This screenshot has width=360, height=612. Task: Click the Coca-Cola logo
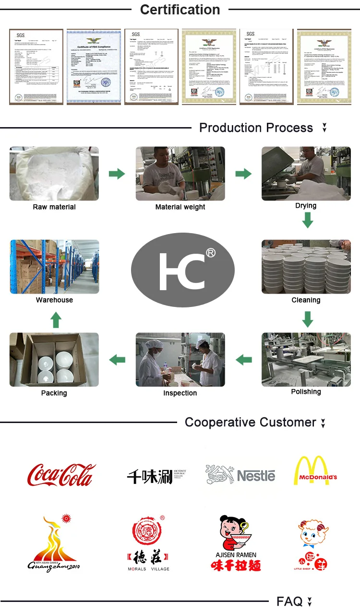pos(61,474)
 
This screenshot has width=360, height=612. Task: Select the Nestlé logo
pos(241,474)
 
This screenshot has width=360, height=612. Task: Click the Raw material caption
pos(54,207)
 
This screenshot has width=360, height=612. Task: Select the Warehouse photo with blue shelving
pos(54,267)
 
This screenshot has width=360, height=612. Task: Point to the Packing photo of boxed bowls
pos(54,360)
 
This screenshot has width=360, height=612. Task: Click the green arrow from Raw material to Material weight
pos(117,174)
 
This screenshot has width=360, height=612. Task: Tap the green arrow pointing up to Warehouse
pos(56,319)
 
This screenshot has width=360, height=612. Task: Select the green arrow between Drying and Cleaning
pos(308,221)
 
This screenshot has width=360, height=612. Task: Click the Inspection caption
pos(180,393)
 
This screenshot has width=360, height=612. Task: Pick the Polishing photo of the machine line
pos(306,359)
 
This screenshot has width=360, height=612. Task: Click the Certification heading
pos(180,10)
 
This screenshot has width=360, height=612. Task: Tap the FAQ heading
pos(289,601)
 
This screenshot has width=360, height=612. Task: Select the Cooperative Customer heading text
pos(250,423)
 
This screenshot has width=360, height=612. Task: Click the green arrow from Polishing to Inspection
pos(244,359)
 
